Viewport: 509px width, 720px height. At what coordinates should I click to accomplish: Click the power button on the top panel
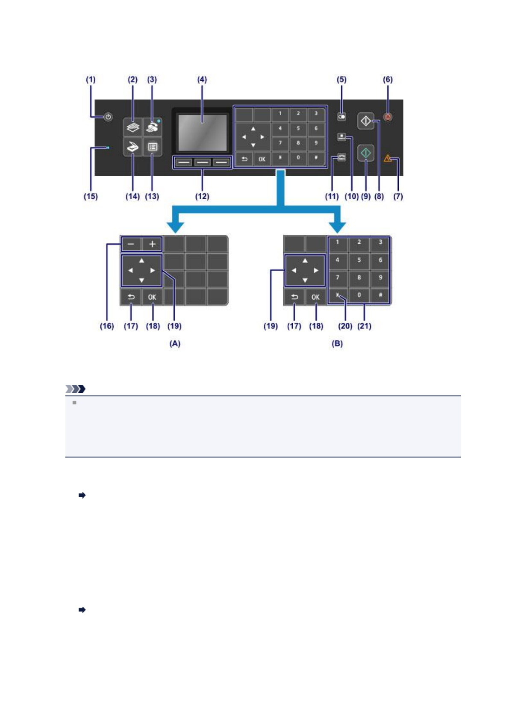tap(108, 117)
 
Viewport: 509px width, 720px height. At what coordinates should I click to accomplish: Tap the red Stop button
tap(388, 117)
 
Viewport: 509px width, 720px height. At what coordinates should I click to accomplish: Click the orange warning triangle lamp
tap(388, 159)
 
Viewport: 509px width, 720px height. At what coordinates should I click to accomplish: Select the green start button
tap(366, 153)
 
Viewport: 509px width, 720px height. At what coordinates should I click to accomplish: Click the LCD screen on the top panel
tap(202, 132)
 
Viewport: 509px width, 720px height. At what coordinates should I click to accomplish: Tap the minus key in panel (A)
tap(131, 244)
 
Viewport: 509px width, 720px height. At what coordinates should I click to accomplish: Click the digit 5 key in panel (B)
tap(359, 260)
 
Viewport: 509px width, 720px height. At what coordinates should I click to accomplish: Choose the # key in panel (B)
tap(380, 295)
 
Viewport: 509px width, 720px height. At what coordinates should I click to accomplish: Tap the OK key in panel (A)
tap(152, 297)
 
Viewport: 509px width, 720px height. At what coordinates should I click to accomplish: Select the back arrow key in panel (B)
tap(294, 297)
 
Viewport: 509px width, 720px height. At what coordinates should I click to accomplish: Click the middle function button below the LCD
tap(203, 162)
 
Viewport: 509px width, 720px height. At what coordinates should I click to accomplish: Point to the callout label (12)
tap(202, 196)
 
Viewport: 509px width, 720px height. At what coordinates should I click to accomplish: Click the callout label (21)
tap(364, 326)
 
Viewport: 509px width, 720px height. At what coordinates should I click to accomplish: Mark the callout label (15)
tap(91, 196)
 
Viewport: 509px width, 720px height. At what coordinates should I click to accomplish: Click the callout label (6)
tap(388, 80)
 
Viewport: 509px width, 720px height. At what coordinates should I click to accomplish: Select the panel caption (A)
tap(175, 343)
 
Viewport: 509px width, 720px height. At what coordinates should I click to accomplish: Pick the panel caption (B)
tap(337, 343)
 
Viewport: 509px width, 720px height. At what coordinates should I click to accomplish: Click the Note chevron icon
tap(76, 389)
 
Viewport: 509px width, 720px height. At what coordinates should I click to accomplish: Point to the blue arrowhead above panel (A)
tap(175, 226)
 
